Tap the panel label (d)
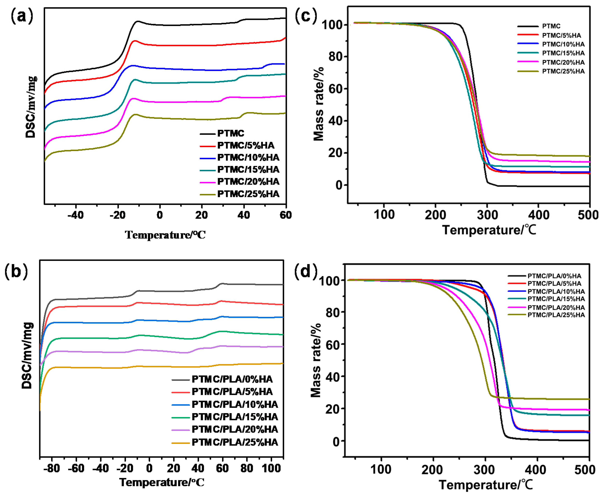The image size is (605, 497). (x=306, y=271)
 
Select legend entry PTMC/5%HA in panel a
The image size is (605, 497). (x=245, y=145)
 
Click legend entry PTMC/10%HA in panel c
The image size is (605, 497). (x=563, y=44)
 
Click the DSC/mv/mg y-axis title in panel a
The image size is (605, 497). (x=31, y=107)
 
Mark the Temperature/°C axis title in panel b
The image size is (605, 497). (x=162, y=482)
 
